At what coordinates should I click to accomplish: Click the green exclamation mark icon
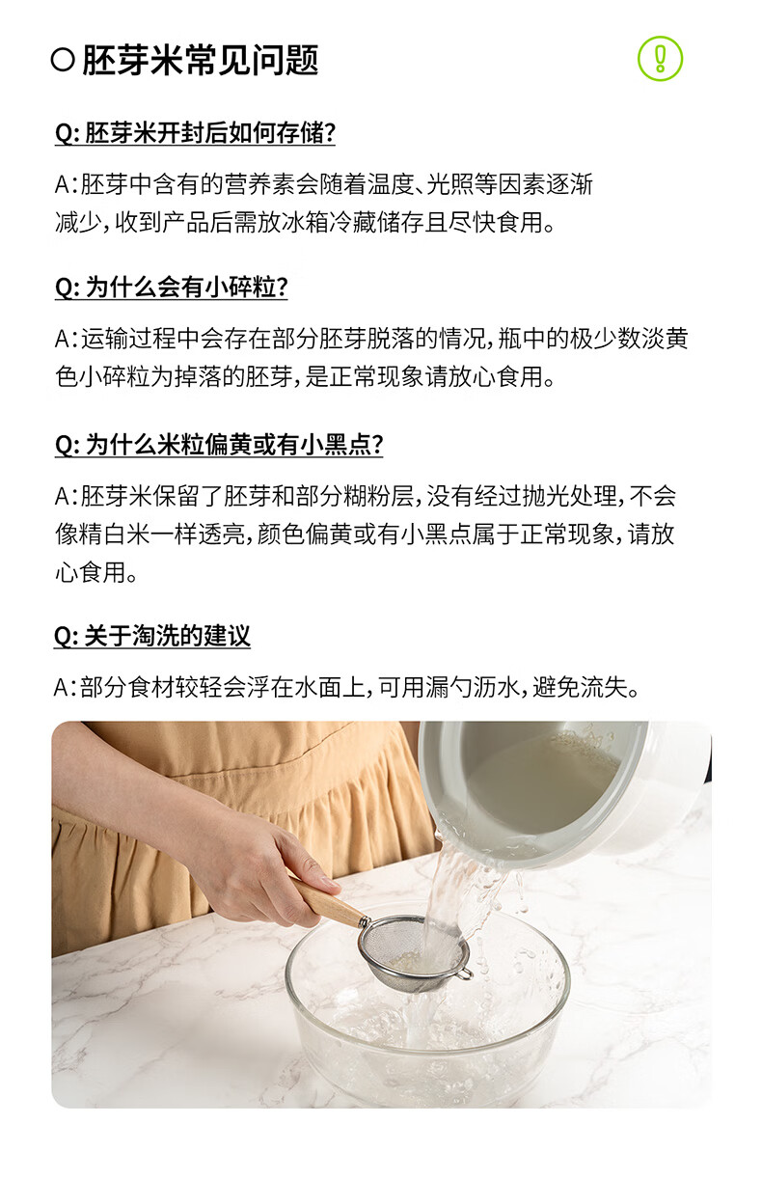point(660,59)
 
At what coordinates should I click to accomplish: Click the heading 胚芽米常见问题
point(200,60)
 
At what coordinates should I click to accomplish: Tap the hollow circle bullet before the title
point(63,61)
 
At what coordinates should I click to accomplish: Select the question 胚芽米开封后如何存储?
point(195,133)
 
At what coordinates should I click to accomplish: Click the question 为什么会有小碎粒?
point(172,288)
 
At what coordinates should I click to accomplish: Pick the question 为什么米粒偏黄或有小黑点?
point(219,445)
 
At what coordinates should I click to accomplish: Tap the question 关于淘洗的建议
point(152,637)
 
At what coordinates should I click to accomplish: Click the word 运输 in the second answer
point(105,340)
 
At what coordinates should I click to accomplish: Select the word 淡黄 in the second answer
point(663,340)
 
